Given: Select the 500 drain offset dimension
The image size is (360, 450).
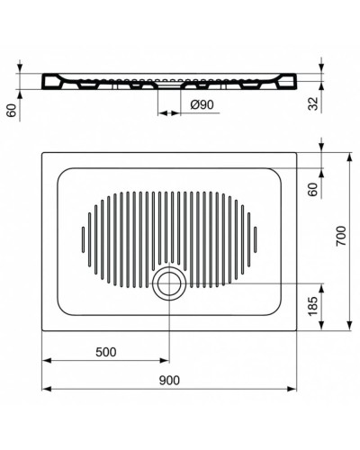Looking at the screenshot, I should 104,352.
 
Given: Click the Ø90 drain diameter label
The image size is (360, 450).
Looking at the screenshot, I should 202,105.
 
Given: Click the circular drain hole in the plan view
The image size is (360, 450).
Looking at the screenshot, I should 167,286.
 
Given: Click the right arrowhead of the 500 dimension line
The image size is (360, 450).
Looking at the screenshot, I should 163,362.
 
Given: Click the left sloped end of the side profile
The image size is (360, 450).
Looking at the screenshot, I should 50,82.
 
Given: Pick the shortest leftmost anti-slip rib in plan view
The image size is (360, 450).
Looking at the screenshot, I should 84,238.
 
